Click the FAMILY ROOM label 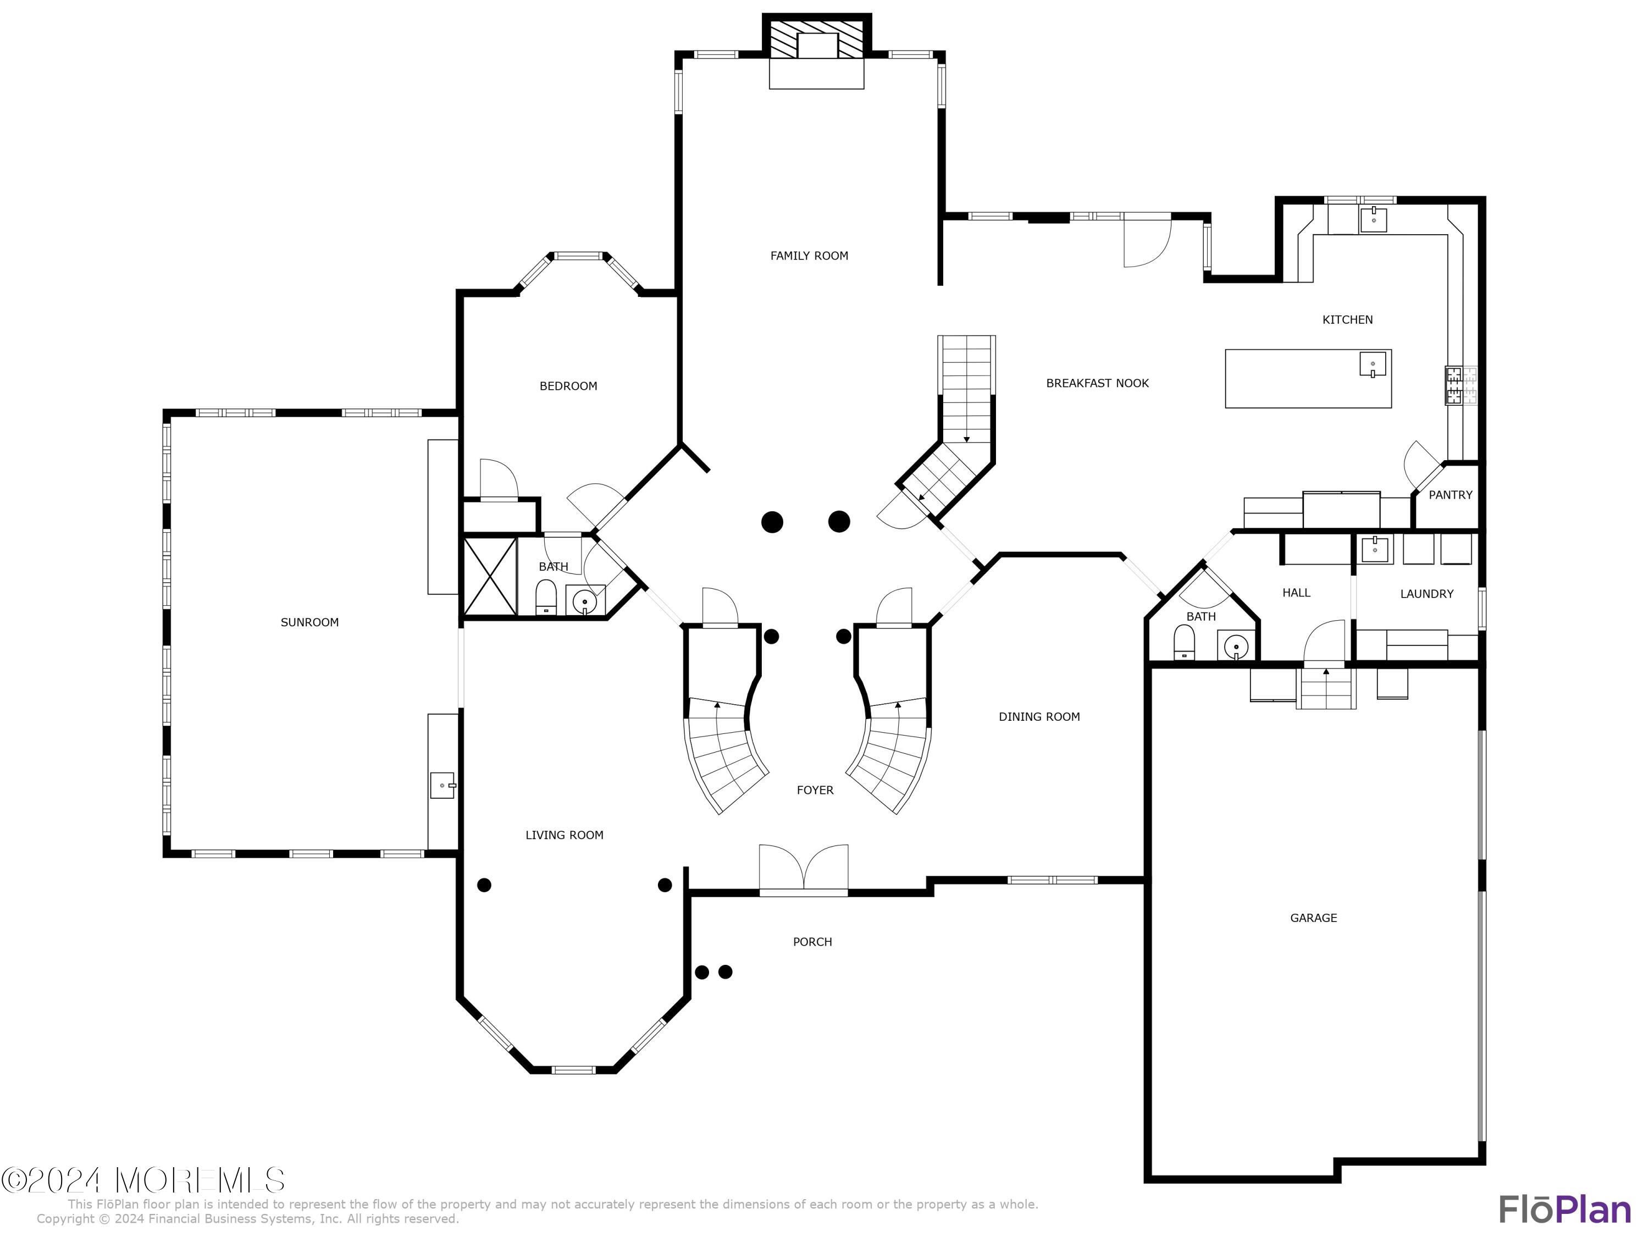809,256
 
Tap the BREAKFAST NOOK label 1097,383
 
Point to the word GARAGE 1314,918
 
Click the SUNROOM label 309,622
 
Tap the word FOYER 815,789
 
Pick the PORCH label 812,942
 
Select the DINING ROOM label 1039,716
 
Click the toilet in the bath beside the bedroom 546,597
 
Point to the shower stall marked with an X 490,576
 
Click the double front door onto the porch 804,869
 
